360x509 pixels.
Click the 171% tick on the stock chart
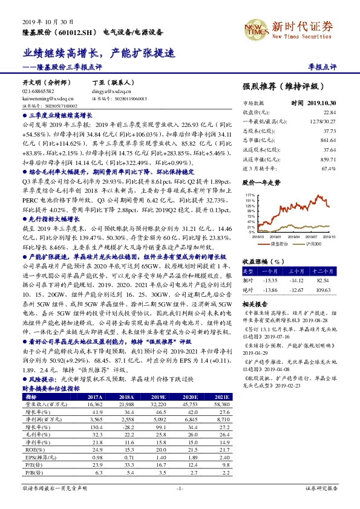[250, 195]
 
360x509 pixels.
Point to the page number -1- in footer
[179, 504]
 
